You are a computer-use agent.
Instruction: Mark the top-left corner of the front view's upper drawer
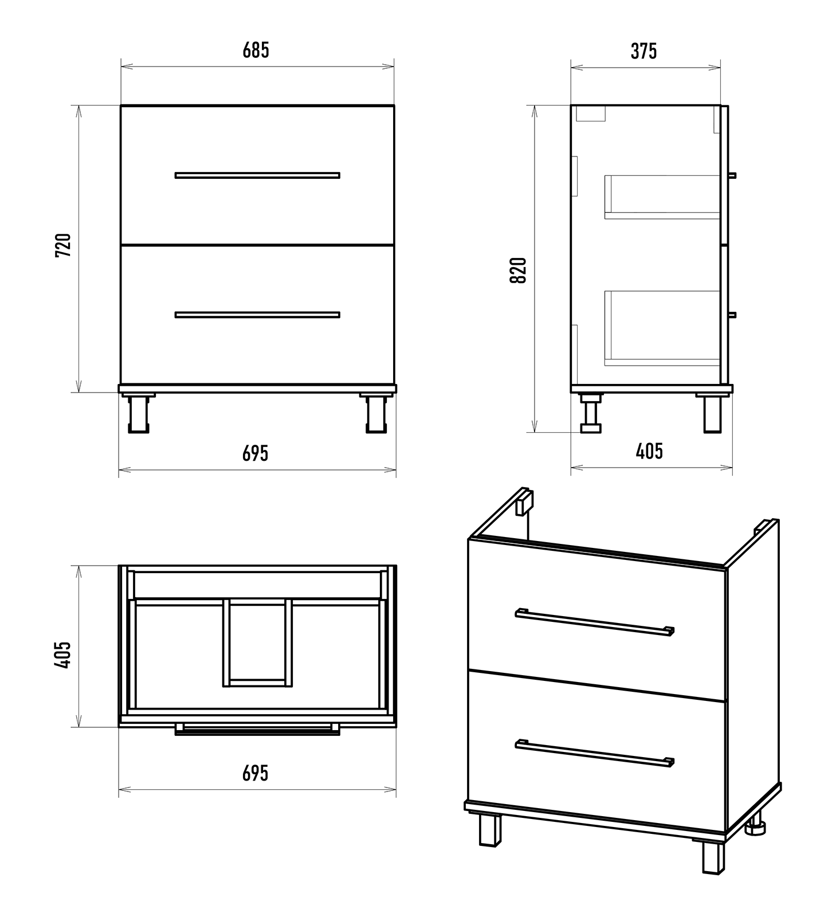click(121, 105)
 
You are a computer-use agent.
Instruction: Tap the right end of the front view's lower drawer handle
click(340, 315)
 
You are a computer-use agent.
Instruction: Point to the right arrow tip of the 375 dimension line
click(720, 68)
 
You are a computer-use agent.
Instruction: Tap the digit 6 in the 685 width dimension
click(248, 50)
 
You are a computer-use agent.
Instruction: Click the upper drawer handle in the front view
click(257, 175)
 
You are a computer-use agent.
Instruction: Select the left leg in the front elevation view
click(138, 413)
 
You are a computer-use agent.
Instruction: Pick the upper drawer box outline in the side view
click(662, 197)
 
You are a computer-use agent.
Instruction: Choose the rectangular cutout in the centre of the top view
click(257, 642)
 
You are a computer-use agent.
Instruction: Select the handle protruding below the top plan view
click(257, 729)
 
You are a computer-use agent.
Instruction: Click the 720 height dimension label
click(63, 245)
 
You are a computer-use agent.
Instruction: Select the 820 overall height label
click(518, 270)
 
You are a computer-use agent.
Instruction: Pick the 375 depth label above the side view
click(644, 51)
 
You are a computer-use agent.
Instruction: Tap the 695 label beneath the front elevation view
click(255, 453)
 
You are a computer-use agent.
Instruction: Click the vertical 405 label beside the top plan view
click(63, 654)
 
